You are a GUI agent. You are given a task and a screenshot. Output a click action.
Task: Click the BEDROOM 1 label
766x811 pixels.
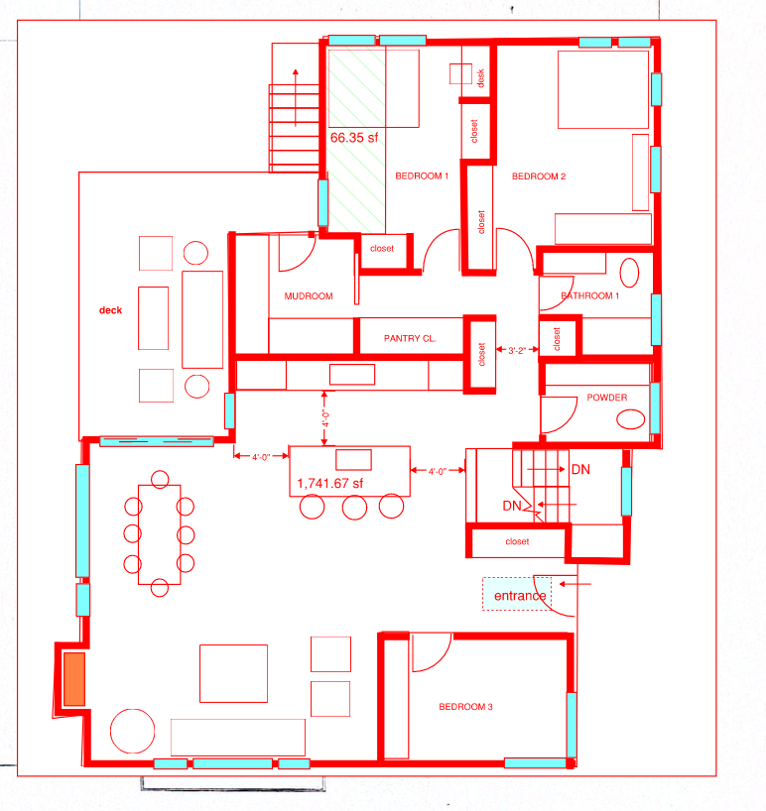point(422,175)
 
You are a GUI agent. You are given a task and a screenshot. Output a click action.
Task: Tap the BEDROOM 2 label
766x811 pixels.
point(539,176)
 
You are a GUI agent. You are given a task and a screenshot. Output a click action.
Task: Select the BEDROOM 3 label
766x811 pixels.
point(465,707)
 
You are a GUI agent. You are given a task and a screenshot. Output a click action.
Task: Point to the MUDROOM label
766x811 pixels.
point(309,295)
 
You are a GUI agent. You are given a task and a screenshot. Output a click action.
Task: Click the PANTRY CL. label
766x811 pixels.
point(410,338)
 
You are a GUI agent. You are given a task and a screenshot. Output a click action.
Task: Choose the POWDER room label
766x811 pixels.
point(607,398)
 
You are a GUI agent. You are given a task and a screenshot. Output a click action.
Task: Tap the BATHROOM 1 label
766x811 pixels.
point(590,295)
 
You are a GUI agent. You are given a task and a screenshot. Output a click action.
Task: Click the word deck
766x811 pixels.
point(111,309)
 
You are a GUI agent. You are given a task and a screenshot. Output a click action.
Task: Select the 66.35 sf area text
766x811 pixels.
point(354,138)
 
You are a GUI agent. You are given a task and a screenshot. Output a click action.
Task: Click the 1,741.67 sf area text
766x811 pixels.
point(330,483)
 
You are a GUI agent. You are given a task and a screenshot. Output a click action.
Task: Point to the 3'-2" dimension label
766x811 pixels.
point(517,350)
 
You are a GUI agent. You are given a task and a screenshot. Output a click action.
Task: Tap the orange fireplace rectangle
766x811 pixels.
point(74,678)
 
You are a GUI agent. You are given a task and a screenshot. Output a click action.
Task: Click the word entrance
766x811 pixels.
point(520,596)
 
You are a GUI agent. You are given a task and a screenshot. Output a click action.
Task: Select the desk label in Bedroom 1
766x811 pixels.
point(480,78)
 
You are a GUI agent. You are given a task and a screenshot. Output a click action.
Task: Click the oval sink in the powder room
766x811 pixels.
point(631,419)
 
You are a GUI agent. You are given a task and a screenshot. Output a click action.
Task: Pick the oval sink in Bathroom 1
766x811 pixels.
point(629,273)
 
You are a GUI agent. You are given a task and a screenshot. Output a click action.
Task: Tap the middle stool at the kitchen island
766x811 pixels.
point(354,508)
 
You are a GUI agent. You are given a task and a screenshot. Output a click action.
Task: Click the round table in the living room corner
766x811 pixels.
point(133,731)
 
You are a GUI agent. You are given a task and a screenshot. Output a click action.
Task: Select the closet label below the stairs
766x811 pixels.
point(517,541)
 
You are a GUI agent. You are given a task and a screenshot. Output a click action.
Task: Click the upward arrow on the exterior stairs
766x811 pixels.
point(296,98)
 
